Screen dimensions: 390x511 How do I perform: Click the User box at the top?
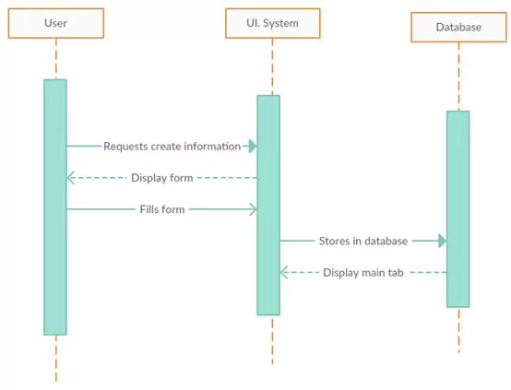coord(55,23)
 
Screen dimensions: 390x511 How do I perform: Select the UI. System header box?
coord(272,23)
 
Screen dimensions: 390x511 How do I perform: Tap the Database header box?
coord(458,27)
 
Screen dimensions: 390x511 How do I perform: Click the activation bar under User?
coord(55,207)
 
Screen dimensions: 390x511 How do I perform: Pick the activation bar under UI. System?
coord(268,205)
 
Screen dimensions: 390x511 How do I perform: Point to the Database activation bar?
coord(458,208)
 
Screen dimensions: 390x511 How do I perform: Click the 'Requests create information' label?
coord(172,146)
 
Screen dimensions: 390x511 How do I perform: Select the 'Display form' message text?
coord(161,178)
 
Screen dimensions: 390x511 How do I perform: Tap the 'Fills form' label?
coord(162,209)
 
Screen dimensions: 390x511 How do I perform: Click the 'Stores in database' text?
coord(362,241)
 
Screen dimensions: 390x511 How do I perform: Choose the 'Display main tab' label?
coord(363,272)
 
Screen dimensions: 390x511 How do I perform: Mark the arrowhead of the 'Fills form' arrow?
coord(252,209)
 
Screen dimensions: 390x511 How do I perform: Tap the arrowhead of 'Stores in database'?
coord(442,241)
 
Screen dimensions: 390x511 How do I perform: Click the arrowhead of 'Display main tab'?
coord(285,272)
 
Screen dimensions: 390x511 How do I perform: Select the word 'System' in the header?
coord(280,23)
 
